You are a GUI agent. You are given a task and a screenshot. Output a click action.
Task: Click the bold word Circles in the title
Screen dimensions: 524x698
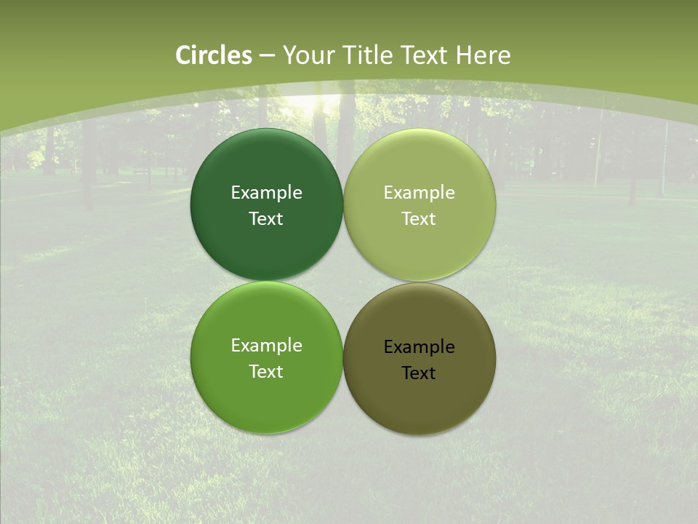(x=213, y=55)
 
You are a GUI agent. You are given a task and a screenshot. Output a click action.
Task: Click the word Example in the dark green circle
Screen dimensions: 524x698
(x=266, y=193)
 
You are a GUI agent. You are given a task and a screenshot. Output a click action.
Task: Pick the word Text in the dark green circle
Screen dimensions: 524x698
(x=266, y=219)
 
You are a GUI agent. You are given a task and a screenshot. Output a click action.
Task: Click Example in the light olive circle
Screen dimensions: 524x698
(x=419, y=193)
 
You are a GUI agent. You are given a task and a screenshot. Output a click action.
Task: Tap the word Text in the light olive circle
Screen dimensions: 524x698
(x=419, y=219)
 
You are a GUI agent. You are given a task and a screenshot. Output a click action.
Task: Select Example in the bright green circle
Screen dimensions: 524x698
(x=266, y=346)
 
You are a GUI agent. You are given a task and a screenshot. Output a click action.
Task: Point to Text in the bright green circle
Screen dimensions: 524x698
(x=266, y=372)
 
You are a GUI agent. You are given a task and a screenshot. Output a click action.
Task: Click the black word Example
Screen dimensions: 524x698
(x=419, y=347)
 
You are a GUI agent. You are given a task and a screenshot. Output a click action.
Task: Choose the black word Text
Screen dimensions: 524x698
(x=419, y=373)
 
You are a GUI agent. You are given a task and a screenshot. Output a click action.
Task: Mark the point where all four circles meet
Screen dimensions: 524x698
(x=343, y=282)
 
